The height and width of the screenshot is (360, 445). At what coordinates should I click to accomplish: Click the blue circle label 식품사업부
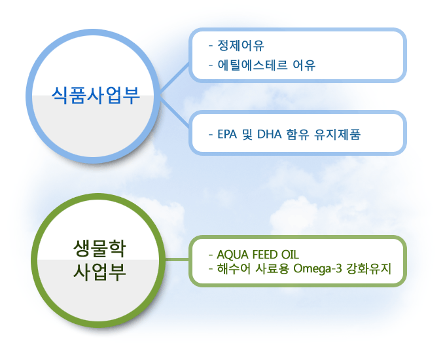tap(96, 95)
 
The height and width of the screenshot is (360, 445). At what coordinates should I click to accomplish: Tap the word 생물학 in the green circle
tap(99, 249)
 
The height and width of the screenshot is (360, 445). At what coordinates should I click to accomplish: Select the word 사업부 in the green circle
tap(99, 272)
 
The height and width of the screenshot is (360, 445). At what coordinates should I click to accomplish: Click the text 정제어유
tap(241, 45)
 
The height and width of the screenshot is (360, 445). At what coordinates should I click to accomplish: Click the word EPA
tap(227, 134)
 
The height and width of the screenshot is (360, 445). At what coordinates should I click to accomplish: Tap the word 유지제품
tap(338, 134)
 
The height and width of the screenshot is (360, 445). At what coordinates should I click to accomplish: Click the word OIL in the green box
tap(290, 255)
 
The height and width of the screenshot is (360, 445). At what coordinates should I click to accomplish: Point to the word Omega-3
tap(317, 268)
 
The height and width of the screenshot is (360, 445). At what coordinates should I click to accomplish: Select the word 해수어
tap(234, 268)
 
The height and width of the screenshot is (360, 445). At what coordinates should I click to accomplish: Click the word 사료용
tap(272, 268)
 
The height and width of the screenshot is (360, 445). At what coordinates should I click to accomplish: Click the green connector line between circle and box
tap(177, 259)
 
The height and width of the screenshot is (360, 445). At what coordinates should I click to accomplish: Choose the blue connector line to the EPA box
tap(174, 111)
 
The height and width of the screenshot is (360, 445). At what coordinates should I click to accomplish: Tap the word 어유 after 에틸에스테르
tap(304, 65)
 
